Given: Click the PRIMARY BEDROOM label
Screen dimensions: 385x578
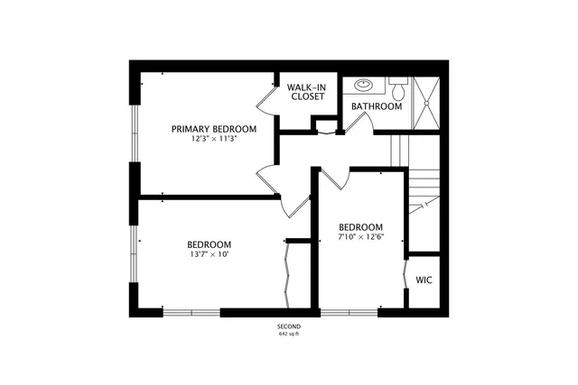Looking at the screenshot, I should [213, 129].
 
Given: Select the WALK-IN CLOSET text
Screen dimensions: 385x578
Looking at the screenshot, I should [306, 92].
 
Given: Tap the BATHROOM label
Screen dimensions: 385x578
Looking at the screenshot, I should [377, 106].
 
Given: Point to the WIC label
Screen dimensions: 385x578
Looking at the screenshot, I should [424, 280].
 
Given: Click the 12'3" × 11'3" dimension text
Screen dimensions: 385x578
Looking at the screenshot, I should [213, 140].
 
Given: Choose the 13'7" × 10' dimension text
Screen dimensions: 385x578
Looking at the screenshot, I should [209, 255].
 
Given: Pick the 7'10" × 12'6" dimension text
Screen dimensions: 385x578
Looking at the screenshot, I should [360, 237].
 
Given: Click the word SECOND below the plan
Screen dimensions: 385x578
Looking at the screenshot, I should [288, 325].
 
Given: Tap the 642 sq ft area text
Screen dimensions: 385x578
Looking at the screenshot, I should [288, 335].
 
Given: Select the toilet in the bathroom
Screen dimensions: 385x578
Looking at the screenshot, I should [398, 89].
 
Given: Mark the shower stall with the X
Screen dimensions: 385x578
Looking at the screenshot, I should [424, 102].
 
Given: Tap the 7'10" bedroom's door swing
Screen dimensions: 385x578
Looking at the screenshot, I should [330, 179].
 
